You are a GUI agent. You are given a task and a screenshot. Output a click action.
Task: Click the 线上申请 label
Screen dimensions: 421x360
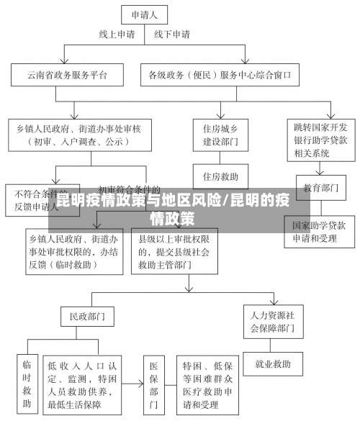[116, 34]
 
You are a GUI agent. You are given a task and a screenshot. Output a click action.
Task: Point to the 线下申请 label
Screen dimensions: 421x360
[172, 34]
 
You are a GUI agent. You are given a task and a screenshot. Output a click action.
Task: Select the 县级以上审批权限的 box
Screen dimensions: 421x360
[175, 251]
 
